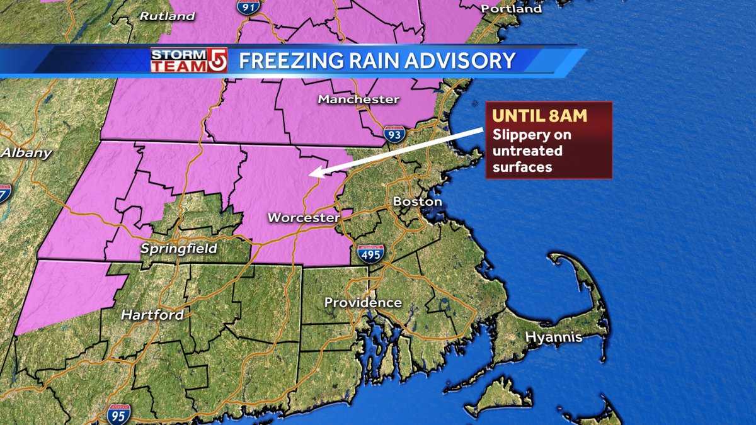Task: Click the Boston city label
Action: (417, 202)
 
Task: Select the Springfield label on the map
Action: (178, 248)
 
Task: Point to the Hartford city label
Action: (152, 315)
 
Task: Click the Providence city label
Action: (363, 303)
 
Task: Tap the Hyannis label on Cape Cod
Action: (554, 337)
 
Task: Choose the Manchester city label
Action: (358, 99)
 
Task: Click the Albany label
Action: (26, 152)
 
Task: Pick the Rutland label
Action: (167, 16)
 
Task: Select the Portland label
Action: (512, 9)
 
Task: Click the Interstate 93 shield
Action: (395, 133)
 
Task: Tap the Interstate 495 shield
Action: (371, 253)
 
